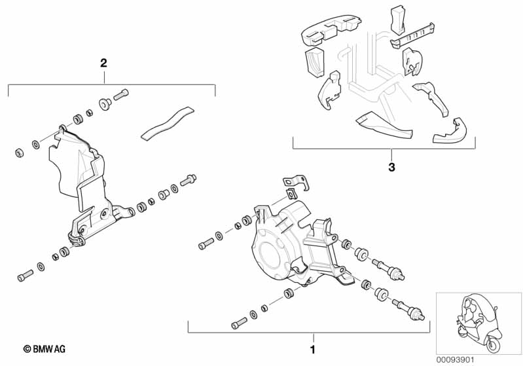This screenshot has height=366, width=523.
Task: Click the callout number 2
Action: pos(103,63)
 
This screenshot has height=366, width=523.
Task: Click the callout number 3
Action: pos(391,167)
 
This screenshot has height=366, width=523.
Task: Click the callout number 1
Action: pos(312,350)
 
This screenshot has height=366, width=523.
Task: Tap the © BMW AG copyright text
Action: pos(45,349)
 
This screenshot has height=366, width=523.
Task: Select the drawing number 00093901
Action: pos(456,359)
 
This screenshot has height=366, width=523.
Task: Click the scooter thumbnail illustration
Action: pos(478,323)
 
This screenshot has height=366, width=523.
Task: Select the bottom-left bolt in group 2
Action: pos(25,275)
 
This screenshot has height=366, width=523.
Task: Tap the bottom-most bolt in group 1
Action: pos(239,323)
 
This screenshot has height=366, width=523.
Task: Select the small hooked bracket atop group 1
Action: pos(296,183)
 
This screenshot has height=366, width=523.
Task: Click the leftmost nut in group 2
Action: pos(20,153)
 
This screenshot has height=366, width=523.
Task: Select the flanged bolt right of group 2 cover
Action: pos(188,180)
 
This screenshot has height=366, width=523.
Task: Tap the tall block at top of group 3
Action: pos(397,20)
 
